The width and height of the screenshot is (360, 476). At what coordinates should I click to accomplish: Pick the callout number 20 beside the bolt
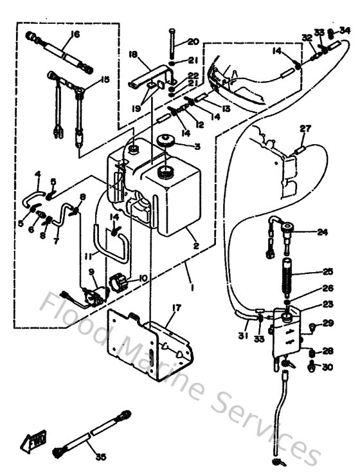coord(194,42)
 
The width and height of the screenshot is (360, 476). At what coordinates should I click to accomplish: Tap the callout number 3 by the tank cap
coord(197,147)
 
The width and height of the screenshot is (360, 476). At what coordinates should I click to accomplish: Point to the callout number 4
coord(37,174)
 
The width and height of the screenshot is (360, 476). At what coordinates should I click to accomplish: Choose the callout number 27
coord(304,128)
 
